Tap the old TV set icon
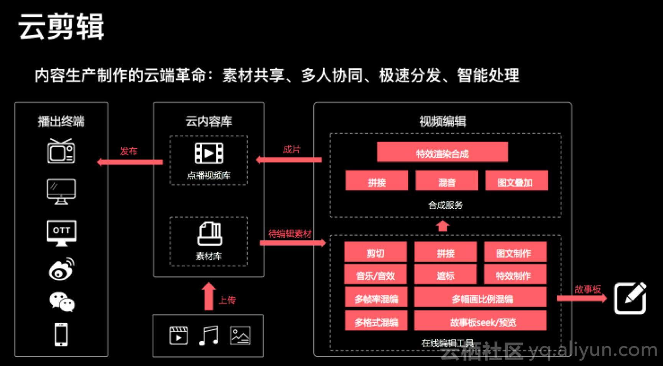(61, 151)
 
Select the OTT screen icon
(61, 232)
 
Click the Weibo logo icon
(61, 269)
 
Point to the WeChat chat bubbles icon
(62, 302)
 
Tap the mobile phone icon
(61, 334)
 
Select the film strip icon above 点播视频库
(209, 153)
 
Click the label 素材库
(209, 256)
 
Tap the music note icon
(209, 336)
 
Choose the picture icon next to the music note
(240, 336)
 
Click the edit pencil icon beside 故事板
(630, 299)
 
